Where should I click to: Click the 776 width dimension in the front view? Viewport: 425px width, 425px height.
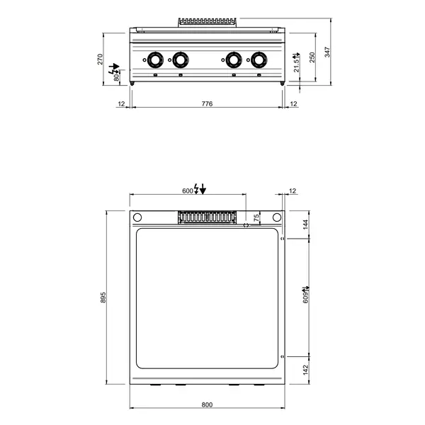tap(207, 104)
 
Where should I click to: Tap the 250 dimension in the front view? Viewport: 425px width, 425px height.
tap(313, 57)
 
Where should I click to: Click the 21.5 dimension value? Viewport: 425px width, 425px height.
tap(297, 62)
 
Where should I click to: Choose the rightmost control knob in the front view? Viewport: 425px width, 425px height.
tap(256, 60)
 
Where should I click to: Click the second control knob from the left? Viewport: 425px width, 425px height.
tap(181, 60)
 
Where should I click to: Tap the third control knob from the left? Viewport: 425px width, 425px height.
tap(231, 60)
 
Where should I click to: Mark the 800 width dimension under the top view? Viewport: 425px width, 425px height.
tap(207, 405)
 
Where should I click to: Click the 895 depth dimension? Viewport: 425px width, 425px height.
tap(103, 298)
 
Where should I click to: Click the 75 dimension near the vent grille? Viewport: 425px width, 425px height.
tap(256, 217)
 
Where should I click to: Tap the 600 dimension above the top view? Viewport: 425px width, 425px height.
tap(188, 191)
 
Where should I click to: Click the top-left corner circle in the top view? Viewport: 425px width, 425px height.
tap(138, 217)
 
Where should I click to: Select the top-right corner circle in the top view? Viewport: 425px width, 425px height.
tap(277, 217)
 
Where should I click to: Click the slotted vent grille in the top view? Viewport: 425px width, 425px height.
tap(206, 217)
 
